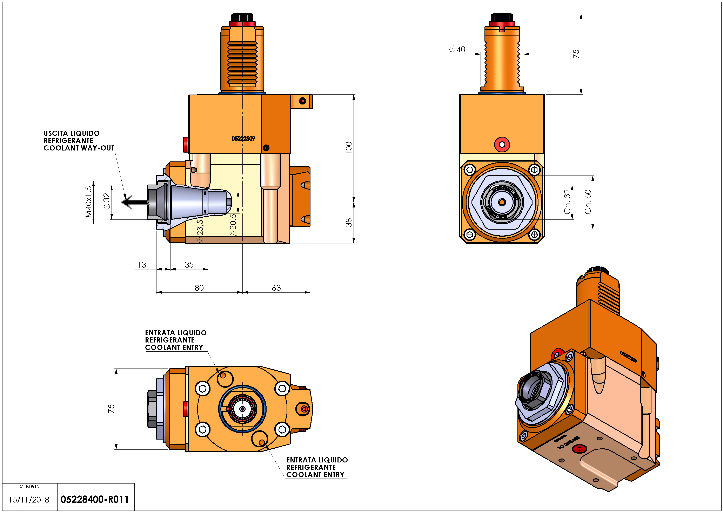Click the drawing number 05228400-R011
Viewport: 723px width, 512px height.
94,499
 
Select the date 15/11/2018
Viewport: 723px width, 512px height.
29,500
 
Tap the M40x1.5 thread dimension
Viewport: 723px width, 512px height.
89,202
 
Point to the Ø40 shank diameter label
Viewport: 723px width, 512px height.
457,50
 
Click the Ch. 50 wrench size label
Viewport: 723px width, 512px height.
588,202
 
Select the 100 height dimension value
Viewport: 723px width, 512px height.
348,148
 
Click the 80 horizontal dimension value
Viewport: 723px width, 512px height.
199,288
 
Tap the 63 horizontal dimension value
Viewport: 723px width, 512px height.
276,288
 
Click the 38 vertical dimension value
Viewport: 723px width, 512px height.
348,223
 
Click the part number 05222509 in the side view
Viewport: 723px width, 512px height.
243,138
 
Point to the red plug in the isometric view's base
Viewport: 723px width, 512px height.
579,449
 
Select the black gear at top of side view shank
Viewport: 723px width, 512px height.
242,17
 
